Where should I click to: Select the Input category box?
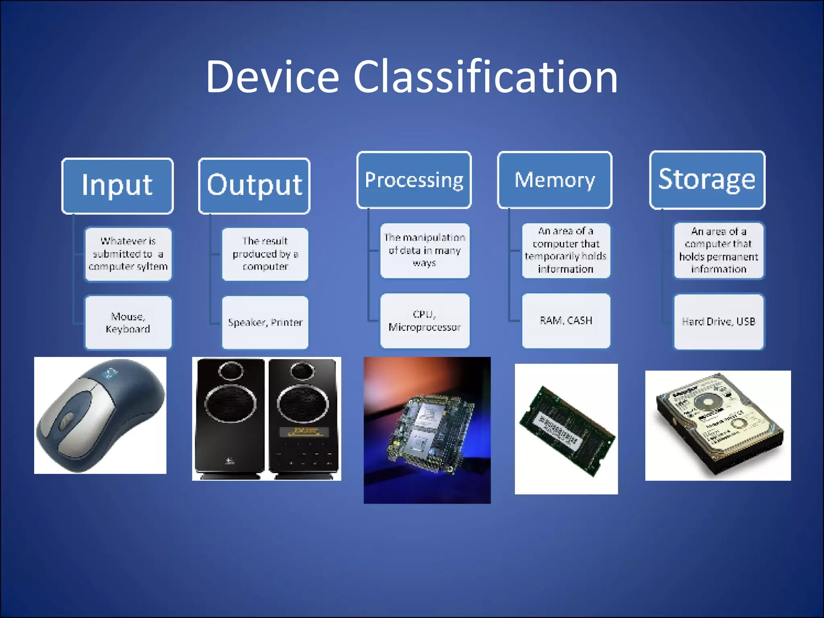click(x=117, y=185)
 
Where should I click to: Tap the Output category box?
click(x=254, y=185)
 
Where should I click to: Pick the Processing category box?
click(x=414, y=180)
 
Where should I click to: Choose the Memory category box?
click(x=555, y=180)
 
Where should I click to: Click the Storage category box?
click(x=707, y=180)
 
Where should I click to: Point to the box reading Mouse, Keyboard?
click(x=128, y=323)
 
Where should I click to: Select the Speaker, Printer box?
click(x=265, y=323)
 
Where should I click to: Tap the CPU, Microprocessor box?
click(x=424, y=321)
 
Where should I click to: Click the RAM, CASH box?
click(x=566, y=321)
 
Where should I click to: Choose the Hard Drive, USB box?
click(x=719, y=322)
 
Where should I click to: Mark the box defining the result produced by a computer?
click(x=265, y=254)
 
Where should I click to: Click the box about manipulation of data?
click(x=424, y=250)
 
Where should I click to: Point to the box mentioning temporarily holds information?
click(x=566, y=250)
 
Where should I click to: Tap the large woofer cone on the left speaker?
click(x=230, y=403)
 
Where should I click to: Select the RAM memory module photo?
click(x=566, y=430)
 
